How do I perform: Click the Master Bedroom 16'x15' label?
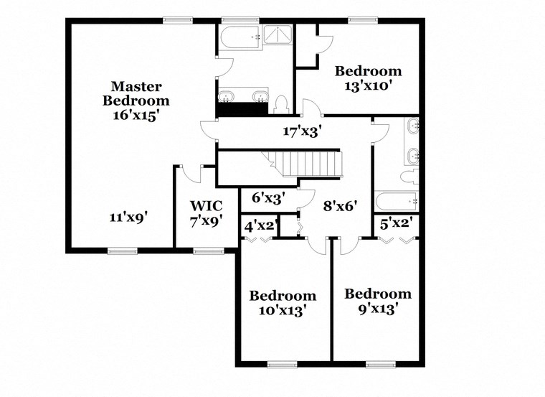136,101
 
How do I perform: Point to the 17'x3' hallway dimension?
302,131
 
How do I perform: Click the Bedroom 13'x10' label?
368,78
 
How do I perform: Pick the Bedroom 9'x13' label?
378,301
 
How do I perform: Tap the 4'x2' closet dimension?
260,225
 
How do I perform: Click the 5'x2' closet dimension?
394,223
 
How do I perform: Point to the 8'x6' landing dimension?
340,205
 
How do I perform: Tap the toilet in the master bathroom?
280,105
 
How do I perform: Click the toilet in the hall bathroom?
411,177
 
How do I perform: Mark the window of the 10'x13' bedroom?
282,365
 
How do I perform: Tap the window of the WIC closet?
207,251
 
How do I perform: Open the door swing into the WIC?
191,173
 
